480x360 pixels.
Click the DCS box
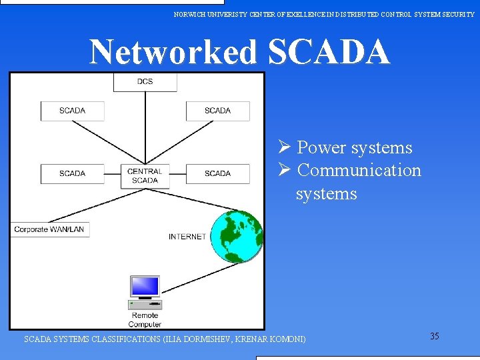(145, 81)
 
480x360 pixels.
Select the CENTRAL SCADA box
(145, 176)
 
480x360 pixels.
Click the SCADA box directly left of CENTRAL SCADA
(72, 173)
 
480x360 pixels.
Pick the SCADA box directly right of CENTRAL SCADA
(217, 173)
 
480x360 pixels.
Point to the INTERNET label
(187, 237)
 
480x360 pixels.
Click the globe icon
(237, 237)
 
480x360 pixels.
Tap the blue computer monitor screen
(145, 287)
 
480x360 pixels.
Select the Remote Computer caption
(145, 320)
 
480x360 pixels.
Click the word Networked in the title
(173, 52)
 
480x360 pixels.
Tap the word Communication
(359, 170)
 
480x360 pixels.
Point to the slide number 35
(434, 336)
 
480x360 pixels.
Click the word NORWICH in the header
(191, 13)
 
